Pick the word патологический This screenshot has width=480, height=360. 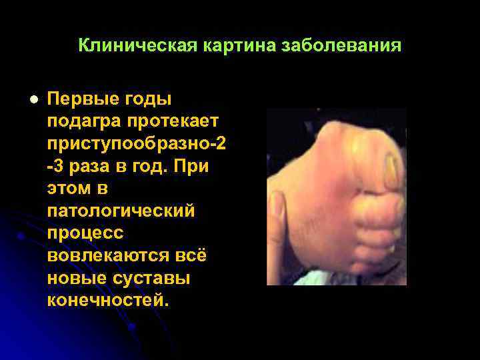121,211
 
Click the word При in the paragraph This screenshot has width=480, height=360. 191,167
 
